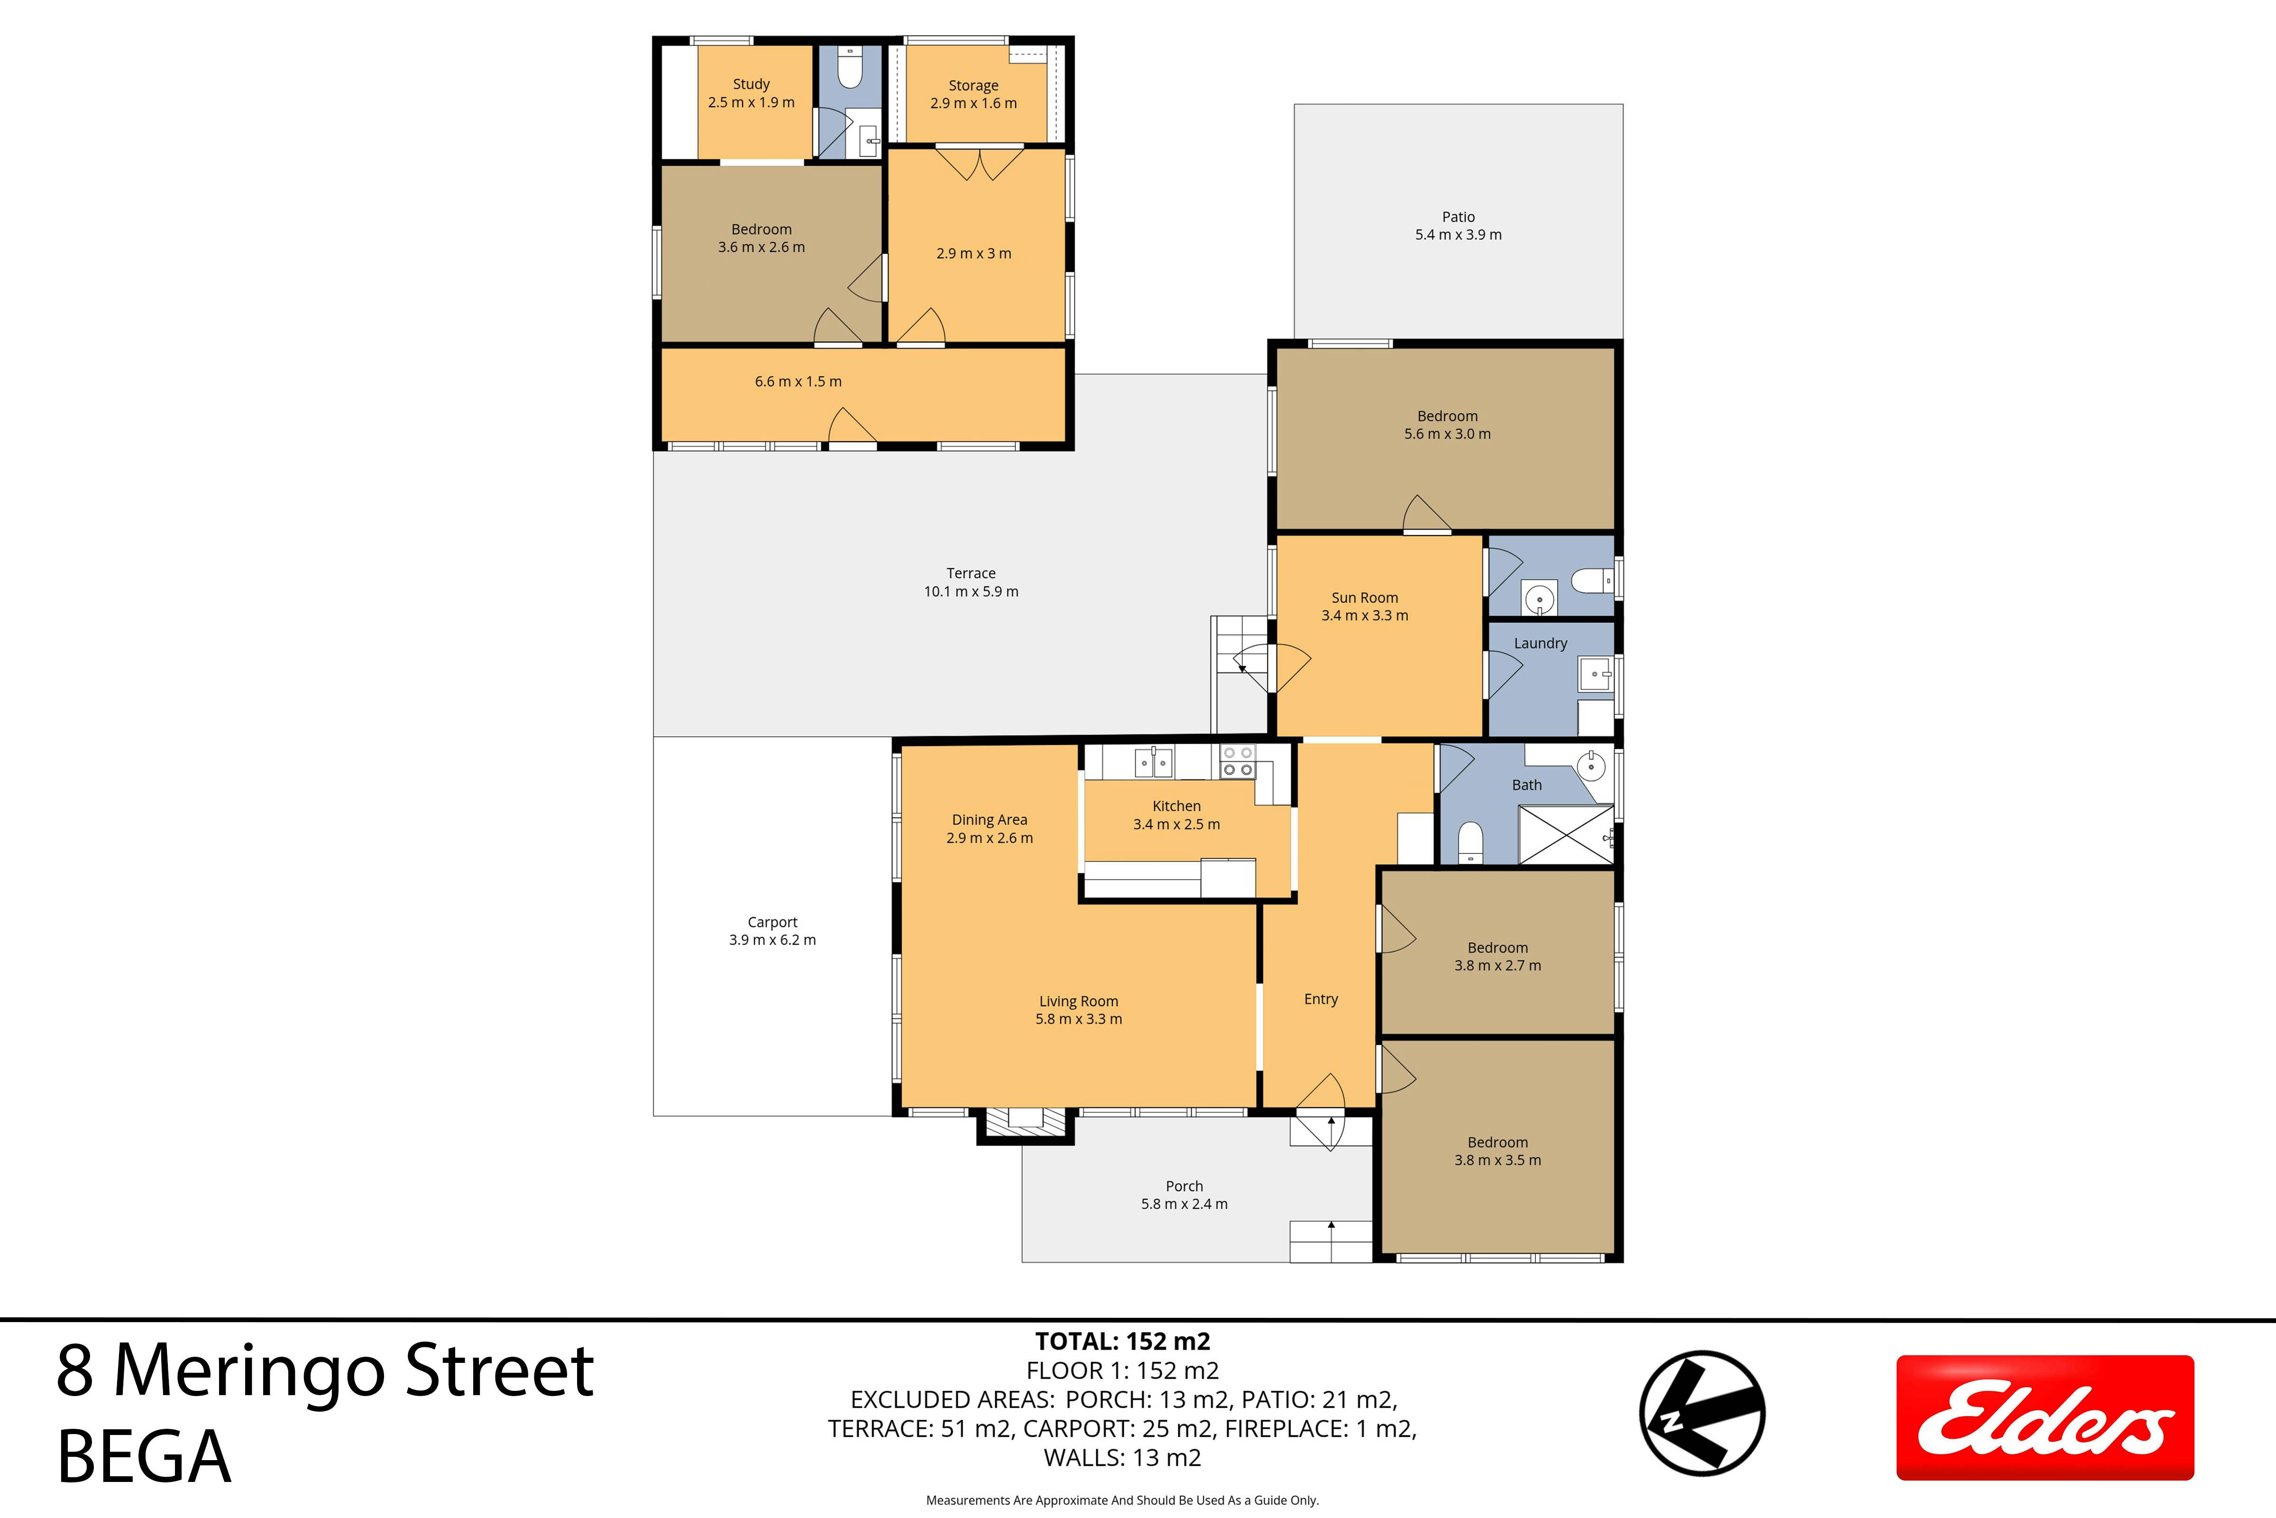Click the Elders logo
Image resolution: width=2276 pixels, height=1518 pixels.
pos(2045,1417)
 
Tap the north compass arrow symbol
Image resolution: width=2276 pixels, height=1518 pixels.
pos(1702,1414)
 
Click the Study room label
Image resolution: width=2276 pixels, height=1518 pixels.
pos(751,84)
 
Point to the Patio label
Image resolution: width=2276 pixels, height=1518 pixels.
pos(1459,217)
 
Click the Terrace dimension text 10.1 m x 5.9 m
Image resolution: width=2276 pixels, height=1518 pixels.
pos(971,592)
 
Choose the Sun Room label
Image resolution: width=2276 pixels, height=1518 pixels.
pos(1365,597)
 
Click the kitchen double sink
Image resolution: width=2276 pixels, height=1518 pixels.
pos(1154,763)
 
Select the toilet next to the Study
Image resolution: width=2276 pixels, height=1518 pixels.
pos(850,68)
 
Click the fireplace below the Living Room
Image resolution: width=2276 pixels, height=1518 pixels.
pos(1025,1125)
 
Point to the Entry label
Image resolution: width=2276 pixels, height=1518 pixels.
pos(1321,999)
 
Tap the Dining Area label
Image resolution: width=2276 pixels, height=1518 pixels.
pos(989,820)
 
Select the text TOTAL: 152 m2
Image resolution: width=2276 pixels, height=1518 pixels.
pos(1122,1341)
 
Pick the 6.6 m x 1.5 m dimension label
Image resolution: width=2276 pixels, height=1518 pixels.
pos(798,381)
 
